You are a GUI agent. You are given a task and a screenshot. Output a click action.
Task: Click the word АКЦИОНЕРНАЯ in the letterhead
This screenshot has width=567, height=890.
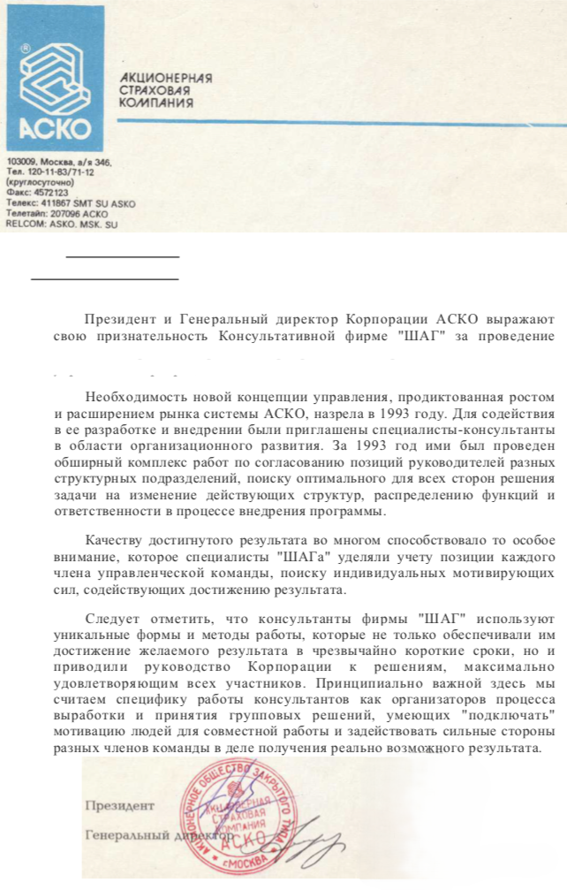coord(166,78)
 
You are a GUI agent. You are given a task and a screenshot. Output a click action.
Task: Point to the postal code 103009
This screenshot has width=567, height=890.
coord(21,163)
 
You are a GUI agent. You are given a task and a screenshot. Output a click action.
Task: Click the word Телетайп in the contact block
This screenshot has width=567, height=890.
coord(25,214)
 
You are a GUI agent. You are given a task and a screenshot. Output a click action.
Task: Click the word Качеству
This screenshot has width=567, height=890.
coord(113,540)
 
